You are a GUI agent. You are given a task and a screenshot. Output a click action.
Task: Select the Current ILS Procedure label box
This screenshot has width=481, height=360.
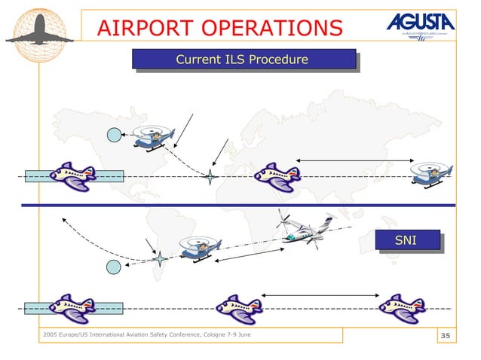pyautogui.click(x=243, y=59)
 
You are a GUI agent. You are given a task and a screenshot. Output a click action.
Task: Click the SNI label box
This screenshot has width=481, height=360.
pyautogui.click(x=406, y=239)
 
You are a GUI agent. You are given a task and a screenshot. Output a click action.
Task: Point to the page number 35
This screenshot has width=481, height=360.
pyautogui.click(x=445, y=335)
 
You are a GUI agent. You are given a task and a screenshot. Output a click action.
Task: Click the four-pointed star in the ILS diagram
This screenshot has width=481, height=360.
pyautogui.click(x=210, y=177)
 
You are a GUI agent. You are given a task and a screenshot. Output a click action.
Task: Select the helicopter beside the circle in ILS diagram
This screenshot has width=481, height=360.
pyautogui.click(x=153, y=137)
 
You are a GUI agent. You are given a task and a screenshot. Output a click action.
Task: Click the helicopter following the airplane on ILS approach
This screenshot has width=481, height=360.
pyautogui.click(x=430, y=174)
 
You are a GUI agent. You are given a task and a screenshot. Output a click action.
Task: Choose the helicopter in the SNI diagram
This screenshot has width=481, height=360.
pyautogui.click(x=200, y=248)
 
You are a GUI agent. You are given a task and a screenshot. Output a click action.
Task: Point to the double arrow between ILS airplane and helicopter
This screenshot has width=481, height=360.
pyautogui.click(x=354, y=160)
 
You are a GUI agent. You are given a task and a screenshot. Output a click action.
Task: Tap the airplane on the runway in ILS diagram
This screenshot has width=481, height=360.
pyautogui.click(x=73, y=177)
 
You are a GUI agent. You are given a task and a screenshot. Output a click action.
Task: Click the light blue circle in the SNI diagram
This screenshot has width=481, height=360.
pyautogui.click(x=113, y=267)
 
